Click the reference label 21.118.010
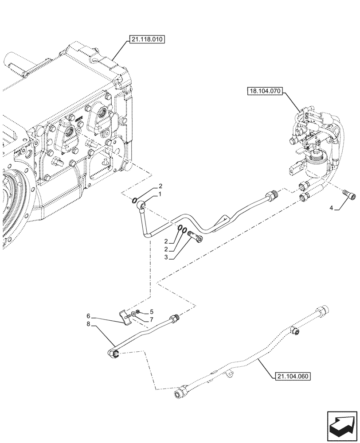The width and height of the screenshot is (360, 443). (x=147, y=40)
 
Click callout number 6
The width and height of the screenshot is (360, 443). (x=88, y=316)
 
